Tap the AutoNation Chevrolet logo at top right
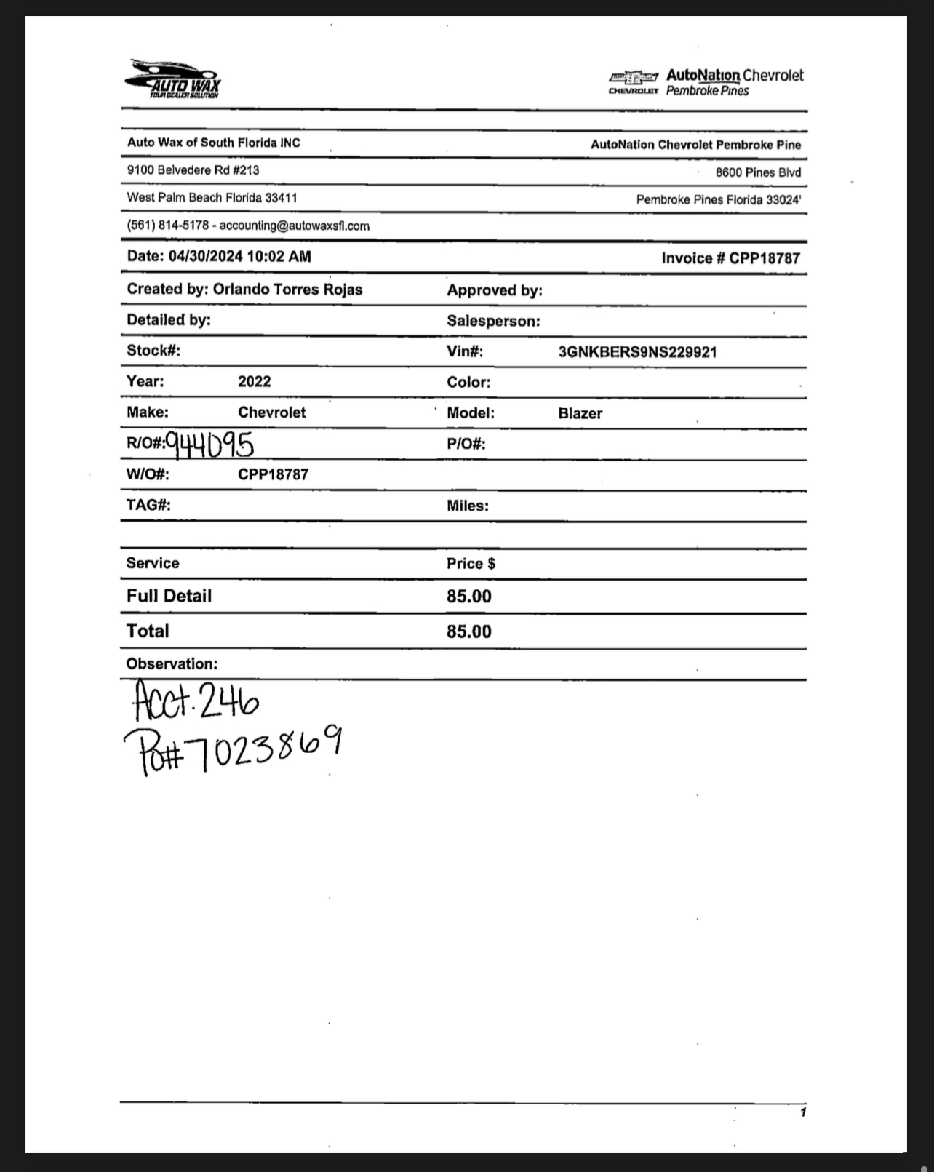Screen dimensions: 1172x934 point(706,82)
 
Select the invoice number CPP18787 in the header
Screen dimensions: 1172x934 point(764,258)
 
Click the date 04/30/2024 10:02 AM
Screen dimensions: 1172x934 point(239,256)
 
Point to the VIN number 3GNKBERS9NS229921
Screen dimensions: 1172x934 point(637,352)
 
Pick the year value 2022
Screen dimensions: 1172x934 point(254,381)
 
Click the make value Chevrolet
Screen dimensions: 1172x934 point(271,412)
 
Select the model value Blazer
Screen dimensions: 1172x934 point(580,413)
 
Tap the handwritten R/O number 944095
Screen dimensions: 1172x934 point(209,443)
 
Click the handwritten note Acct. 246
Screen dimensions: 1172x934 point(196,701)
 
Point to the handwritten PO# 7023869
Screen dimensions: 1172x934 point(233,749)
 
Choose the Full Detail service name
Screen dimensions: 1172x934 point(169,596)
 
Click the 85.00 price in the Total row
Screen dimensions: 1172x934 point(468,631)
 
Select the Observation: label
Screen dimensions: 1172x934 point(172,663)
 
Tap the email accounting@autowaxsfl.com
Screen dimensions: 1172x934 point(294,226)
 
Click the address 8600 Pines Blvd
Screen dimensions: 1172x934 point(757,172)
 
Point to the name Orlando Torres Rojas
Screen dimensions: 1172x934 point(287,289)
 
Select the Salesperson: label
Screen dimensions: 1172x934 point(493,321)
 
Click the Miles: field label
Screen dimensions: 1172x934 point(467,506)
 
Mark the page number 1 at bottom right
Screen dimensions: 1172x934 point(802,1112)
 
